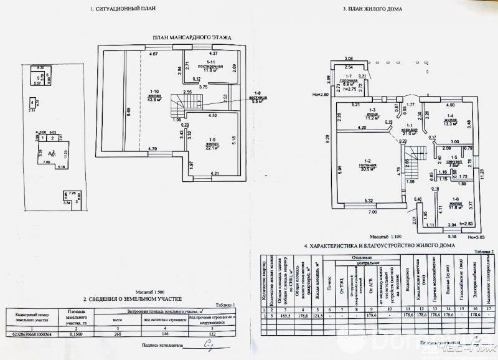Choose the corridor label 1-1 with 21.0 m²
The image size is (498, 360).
[409, 131]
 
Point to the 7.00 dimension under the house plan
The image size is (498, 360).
[372, 213]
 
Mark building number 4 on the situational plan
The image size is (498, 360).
[31, 102]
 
